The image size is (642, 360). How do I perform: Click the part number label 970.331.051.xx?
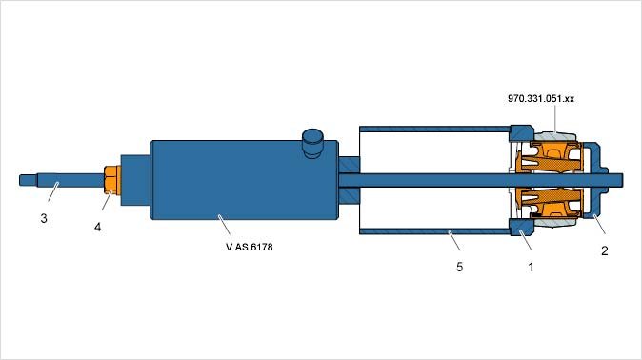pos(541,99)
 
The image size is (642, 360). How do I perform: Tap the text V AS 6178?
pos(249,247)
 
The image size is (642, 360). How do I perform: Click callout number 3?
pos(44,219)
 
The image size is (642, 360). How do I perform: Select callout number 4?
pos(97,227)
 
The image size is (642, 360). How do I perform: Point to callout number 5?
pos(459,267)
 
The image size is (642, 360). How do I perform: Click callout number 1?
pos(532,267)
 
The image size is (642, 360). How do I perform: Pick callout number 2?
pos(604,250)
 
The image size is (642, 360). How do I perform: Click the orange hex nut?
pos(112,180)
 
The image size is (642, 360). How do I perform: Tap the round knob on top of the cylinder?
pos(312,143)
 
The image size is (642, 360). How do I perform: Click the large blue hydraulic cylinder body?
pos(244,180)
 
